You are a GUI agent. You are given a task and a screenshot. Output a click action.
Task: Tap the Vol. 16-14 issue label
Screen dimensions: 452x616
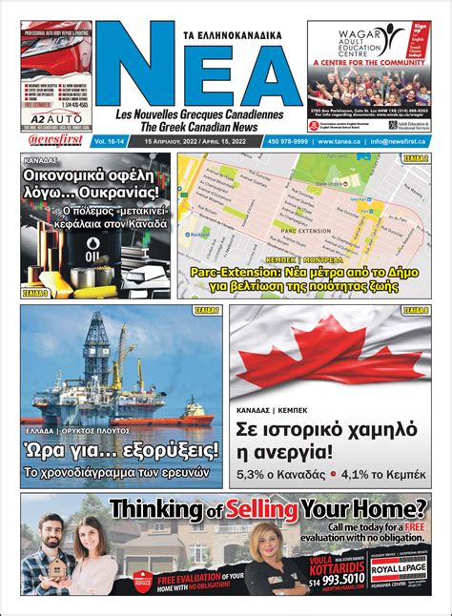[113, 141]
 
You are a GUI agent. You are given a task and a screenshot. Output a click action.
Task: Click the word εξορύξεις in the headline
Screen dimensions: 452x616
[167, 448]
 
